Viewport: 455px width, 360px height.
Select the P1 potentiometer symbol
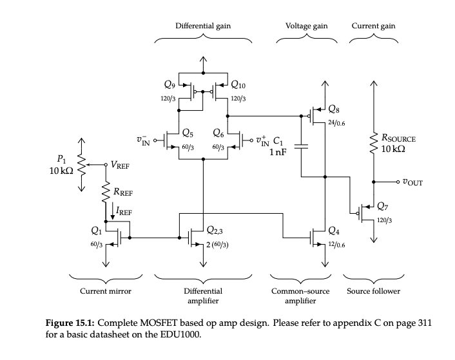[x=82, y=164]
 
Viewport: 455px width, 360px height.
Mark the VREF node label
[x=119, y=165]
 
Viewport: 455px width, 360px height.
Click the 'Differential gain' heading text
[x=203, y=26]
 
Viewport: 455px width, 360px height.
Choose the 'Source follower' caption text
[x=373, y=291]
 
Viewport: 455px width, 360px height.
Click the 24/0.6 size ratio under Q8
[x=336, y=122]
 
